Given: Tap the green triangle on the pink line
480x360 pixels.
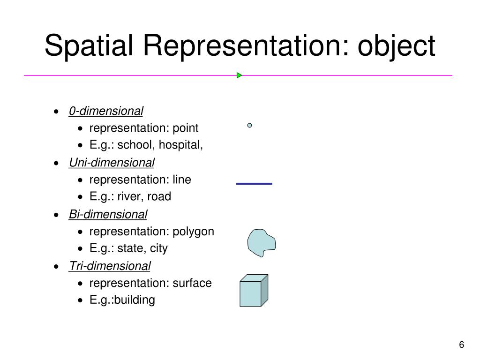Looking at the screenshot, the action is pos(239,75).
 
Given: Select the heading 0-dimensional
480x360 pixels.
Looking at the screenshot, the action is pos(106,111).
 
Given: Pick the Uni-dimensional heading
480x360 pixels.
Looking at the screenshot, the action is pos(112,163).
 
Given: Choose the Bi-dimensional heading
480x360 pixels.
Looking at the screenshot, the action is pos(108,214).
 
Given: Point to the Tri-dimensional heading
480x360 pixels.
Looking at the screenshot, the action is pos(110,266).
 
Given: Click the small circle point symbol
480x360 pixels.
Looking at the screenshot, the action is pos(250,125).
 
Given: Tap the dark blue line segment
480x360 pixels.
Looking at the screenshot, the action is pos(254,184).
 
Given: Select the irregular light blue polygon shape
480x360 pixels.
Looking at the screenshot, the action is pos(261,243).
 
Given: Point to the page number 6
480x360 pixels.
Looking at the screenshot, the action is pos(462,345).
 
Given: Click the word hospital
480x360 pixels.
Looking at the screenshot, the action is pos(180,145).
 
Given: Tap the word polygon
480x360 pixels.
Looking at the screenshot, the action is pos(193,232).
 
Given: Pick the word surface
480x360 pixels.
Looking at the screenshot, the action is pos(192,283).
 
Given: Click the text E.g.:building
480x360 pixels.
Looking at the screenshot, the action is pos(122,300).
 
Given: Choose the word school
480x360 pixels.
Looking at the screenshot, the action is pos(136,145).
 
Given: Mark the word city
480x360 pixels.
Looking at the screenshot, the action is pos(158,248).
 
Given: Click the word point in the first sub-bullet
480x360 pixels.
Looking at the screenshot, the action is pos(186,128).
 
